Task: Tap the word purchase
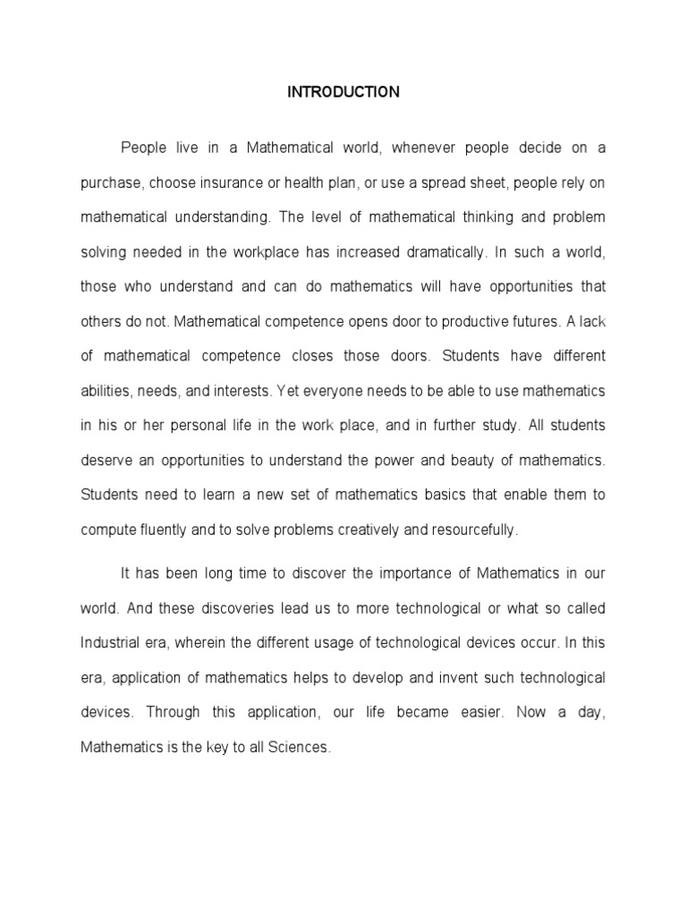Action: tap(110, 183)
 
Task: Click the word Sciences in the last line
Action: tap(300, 747)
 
